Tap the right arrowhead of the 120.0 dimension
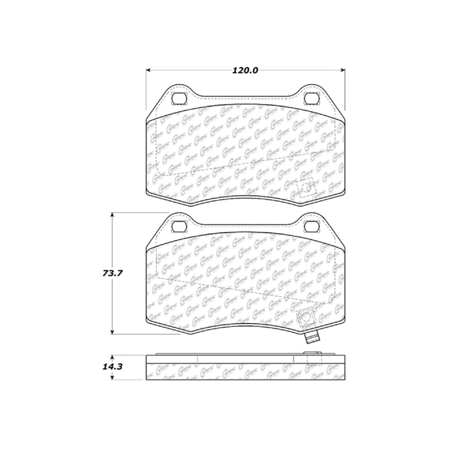(x=343, y=70)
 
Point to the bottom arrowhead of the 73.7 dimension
(x=112, y=332)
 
